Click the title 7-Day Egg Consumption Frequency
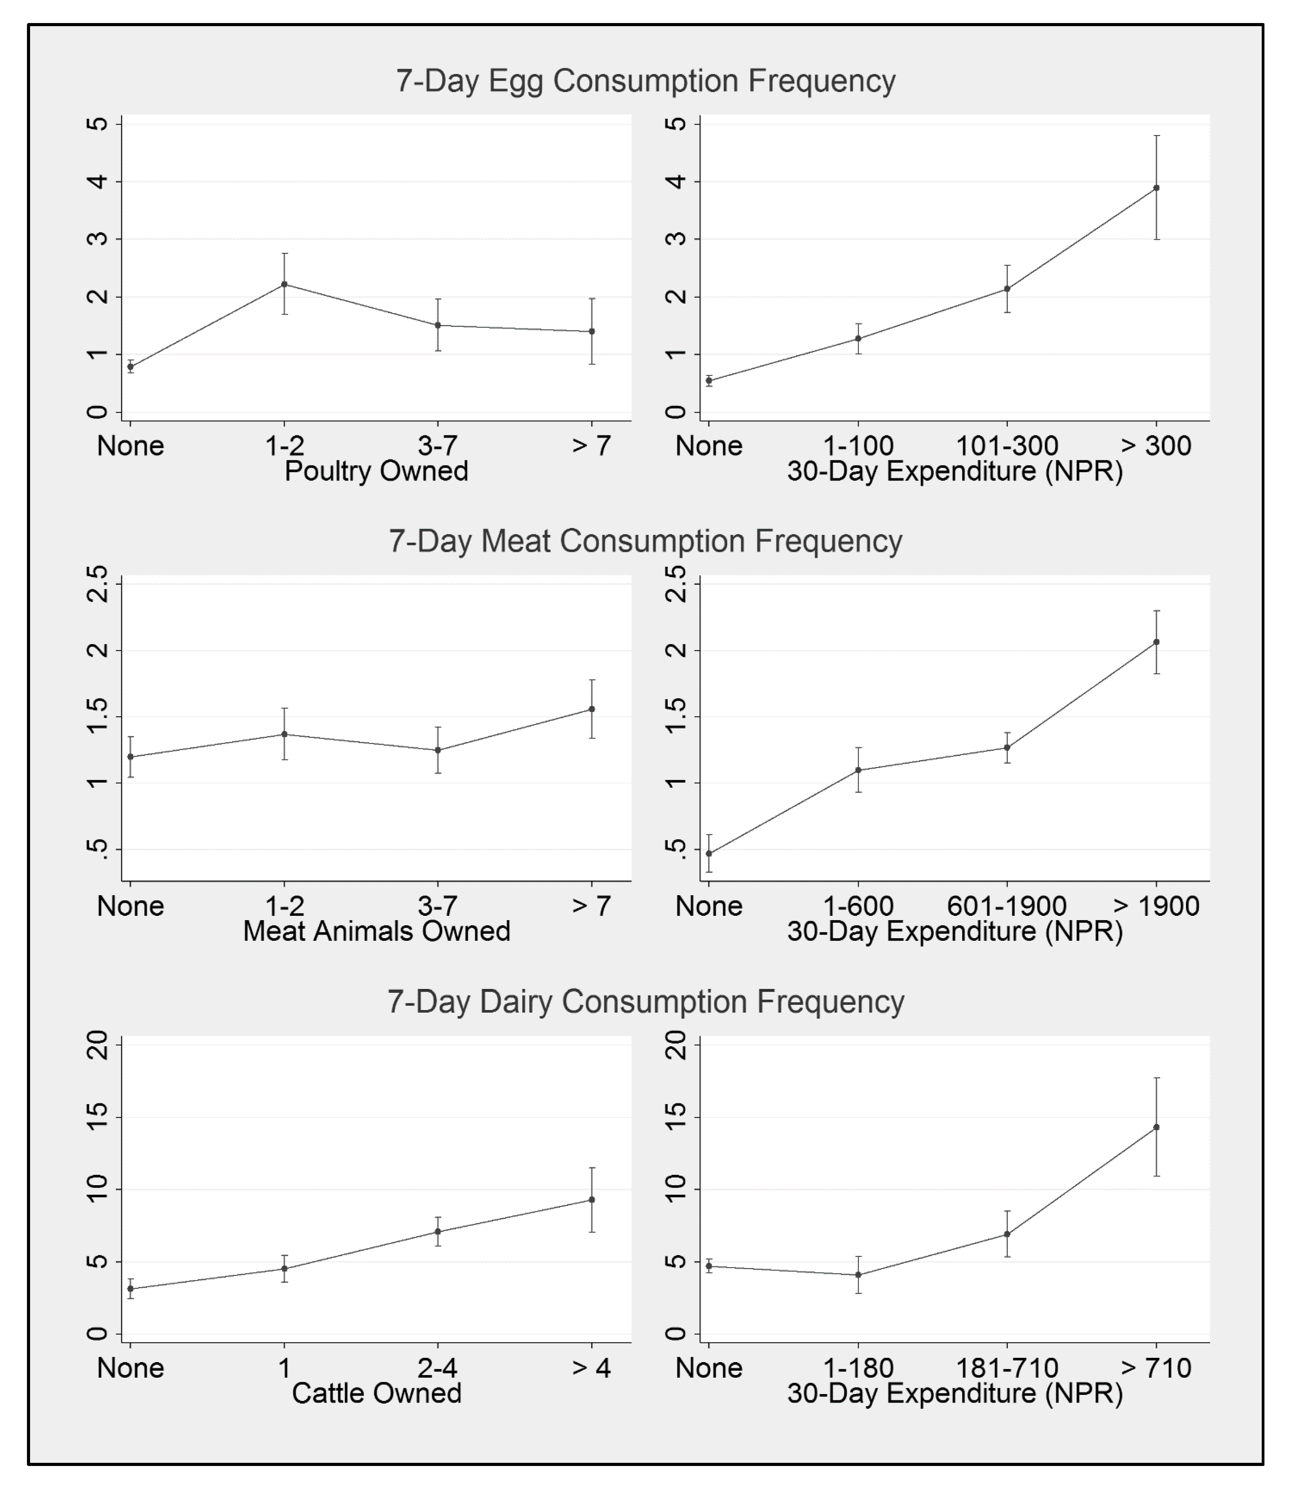click(645, 81)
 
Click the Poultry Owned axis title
click(376, 471)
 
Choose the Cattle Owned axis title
click(376, 1393)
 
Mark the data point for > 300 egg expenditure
click(1156, 188)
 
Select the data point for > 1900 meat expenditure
click(1156, 642)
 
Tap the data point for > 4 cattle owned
click(592, 1199)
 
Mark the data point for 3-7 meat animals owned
click(437, 750)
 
